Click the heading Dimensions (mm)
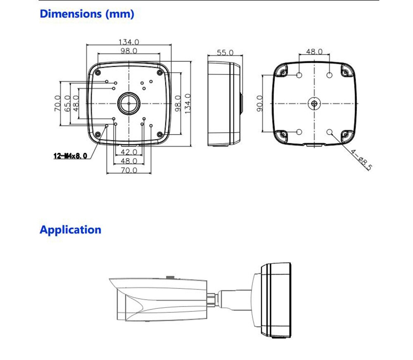pyautogui.click(x=87, y=14)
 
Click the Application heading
pyautogui.click(x=70, y=230)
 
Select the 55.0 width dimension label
pyautogui.click(x=225, y=52)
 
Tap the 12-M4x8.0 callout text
pyautogui.click(x=70, y=156)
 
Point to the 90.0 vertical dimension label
pyautogui.click(x=260, y=104)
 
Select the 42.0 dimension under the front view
pyautogui.click(x=129, y=152)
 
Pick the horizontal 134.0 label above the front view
pyautogui.click(x=129, y=42)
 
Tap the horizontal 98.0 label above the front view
pyautogui.click(x=129, y=51)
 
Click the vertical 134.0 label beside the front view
pyautogui.click(x=188, y=104)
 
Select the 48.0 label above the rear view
pyautogui.click(x=314, y=52)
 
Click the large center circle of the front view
pyautogui.click(x=129, y=103)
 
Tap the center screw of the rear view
pyautogui.click(x=314, y=104)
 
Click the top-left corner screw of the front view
pyautogui.click(x=98, y=73)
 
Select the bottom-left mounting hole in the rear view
pyautogui.click(x=300, y=132)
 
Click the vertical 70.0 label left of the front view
pyautogui.click(x=57, y=104)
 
